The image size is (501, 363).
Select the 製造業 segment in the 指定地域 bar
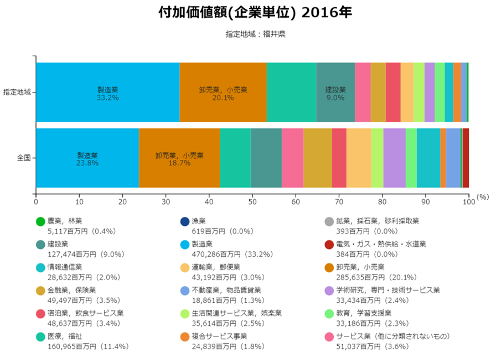click(108, 92)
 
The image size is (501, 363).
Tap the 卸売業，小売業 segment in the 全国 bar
click(179, 158)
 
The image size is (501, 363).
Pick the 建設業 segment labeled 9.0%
click(335, 92)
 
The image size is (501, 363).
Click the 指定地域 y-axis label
click(17, 92)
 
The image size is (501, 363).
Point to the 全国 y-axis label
click(23, 158)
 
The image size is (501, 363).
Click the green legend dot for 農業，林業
click(40, 222)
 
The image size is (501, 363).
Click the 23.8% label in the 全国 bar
click(87, 164)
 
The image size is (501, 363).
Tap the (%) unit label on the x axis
click(483, 196)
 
